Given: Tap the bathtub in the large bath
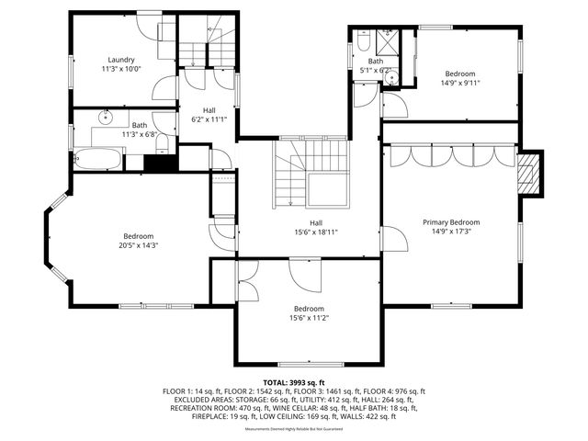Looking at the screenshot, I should pyautogui.click(x=96, y=159).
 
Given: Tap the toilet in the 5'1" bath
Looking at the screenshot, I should pyautogui.click(x=364, y=42).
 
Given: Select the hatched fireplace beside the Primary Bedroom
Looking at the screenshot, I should pyautogui.click(x=527, y=175).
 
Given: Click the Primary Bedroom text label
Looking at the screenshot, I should pyautogui.click(x=451, y=222).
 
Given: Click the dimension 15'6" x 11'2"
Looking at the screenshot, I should pyautogui.click(x=309, y=318).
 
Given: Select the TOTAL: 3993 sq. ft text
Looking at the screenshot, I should pyautogui.click(x=294, y=381).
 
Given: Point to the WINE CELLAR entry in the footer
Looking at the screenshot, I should pyautogui.click(x=276, y=407).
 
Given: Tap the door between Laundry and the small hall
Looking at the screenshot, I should pyautogui.click(x=165, y=88).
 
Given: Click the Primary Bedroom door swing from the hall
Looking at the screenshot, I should pyautogui.click(x=393, y=240).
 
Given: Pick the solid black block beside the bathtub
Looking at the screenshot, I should pyautogui.click(x=160, y=164).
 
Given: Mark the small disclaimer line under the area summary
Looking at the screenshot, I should pyautogui.click(x=294, y=427).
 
